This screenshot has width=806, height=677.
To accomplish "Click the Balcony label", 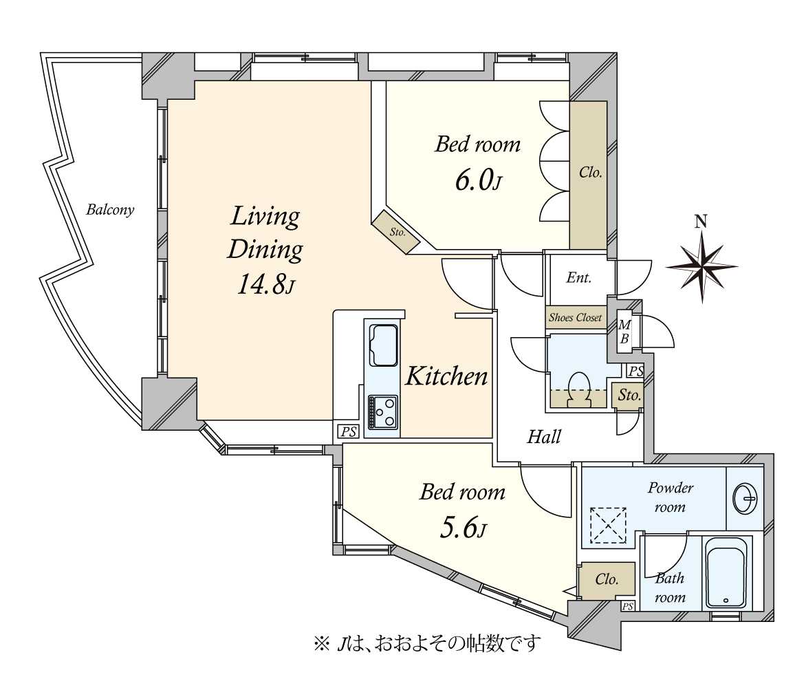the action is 110,210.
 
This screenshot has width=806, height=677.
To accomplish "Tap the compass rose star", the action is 701,267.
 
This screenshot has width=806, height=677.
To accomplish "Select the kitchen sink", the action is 384,345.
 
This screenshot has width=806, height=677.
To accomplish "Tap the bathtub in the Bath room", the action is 726,572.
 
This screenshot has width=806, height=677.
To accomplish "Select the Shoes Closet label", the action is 575,317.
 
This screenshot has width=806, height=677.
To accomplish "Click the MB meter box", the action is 624,332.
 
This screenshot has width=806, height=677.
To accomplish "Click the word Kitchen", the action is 447,376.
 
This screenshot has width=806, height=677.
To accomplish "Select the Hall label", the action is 544,438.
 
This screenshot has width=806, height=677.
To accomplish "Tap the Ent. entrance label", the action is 579,278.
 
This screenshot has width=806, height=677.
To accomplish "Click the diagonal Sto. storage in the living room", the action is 397,232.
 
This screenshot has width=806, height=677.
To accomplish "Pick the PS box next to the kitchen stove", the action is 348,431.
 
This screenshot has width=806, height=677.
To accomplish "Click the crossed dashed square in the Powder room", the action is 608,525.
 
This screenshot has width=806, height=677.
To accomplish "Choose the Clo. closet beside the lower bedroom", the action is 607,580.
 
